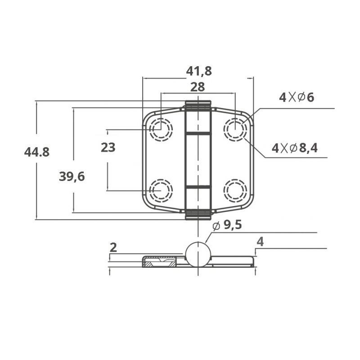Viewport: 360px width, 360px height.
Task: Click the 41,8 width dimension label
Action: (199, 71)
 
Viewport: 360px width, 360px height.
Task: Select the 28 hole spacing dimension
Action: (198, 86)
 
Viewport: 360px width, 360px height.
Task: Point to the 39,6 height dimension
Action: (72, 176)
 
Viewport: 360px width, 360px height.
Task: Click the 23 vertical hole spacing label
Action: (108, 147)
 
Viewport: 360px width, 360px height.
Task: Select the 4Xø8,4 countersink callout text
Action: (295, 148)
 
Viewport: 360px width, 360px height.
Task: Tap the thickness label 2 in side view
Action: (113, 247)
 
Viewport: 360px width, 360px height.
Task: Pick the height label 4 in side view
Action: (260, 242)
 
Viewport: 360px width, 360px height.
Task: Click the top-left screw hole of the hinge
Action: (161, 130)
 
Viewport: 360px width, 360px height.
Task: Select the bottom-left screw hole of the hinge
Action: (161, 190)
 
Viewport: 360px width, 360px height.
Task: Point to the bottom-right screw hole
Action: (235, 190)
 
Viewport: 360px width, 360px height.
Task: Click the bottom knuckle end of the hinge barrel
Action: (198, 214)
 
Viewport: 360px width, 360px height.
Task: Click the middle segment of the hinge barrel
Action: (198, 160)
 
